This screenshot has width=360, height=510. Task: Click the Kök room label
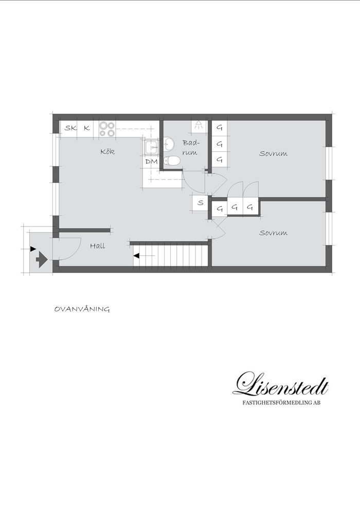coord(107,152)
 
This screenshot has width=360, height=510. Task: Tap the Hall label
coord(98,246)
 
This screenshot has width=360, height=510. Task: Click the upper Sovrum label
coord(273,153)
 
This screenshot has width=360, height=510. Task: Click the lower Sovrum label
coord(273,233)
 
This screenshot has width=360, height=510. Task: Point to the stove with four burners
coord(107,129)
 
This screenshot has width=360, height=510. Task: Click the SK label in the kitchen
coord(70,128)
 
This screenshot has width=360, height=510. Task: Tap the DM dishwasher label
coord(151,161)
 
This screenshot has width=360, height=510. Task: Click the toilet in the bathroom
coord(172,161)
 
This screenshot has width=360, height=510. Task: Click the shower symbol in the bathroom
coord(199,126)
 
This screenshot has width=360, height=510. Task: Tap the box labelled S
coord(201,203)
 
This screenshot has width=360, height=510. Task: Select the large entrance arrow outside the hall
coord(41,259)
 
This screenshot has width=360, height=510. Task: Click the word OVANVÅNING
coord(82,309)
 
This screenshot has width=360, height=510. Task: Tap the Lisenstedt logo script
coord(281,384)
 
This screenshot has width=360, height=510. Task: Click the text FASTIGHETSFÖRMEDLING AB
coord(281,402)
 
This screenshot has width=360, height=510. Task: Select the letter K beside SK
coord(87,128)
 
